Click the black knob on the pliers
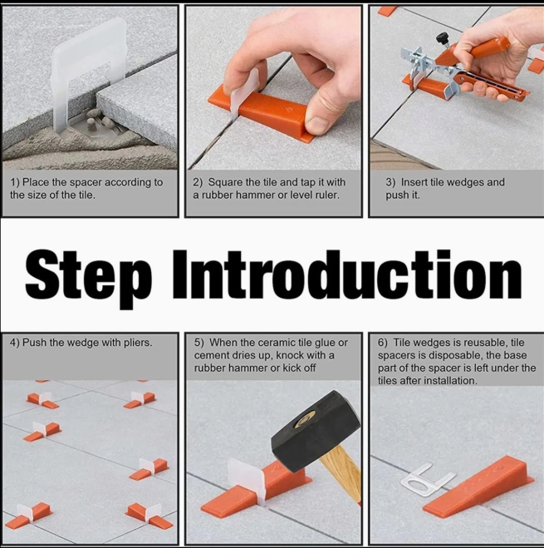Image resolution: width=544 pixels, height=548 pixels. pos(443,37)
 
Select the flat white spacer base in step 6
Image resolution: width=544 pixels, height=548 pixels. pos(423,481)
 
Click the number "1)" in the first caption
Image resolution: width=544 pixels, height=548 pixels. pos(15,182)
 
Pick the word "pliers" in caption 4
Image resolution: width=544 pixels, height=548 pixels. pos(134,343)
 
